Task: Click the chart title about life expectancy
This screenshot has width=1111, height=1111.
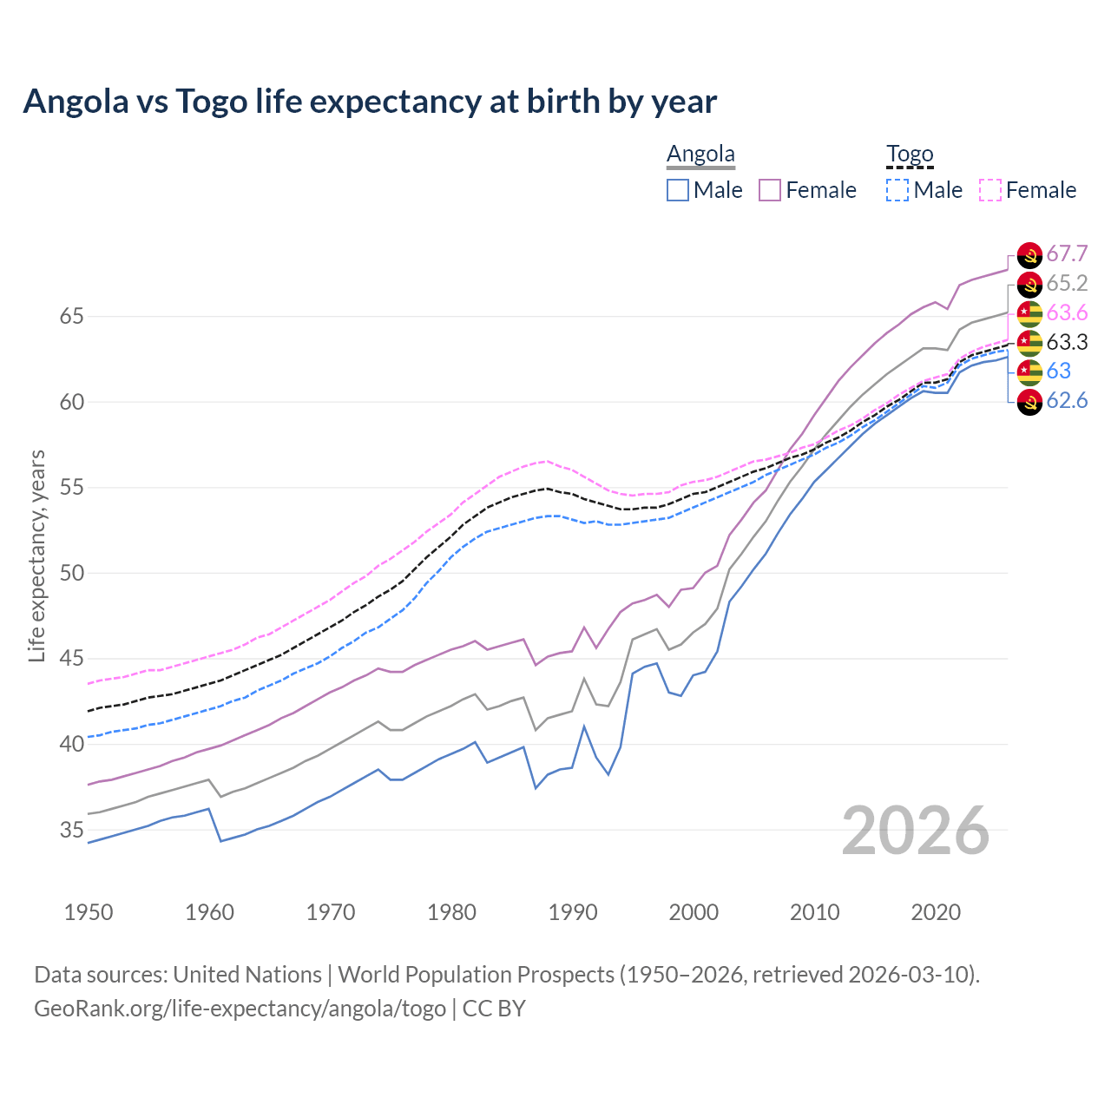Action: [x=370, y=102]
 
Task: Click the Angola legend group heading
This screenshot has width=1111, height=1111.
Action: [x=700, y=154]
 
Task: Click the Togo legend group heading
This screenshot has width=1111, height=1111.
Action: [x=910, y=154]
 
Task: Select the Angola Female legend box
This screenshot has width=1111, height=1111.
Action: [x=770, y=190]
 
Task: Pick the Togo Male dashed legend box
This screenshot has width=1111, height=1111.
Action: [x=897, y=190]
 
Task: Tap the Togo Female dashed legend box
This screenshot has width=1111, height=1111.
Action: [x=990, y=190]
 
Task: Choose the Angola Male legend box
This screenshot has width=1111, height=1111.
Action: [x=678, y=190]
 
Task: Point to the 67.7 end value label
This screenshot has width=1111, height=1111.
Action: [x=1067, y=253]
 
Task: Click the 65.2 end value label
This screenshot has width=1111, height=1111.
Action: [x=1067, y=283]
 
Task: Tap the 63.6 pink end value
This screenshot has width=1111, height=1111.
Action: [x=1067, y=312]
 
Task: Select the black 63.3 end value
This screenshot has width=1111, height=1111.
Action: [x=1067, y=342]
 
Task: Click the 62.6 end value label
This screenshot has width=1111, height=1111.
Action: [x=1067, y=400]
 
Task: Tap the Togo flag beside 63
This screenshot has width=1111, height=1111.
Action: [x=1029, y=371]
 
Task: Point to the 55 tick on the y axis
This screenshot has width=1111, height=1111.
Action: [x=71, y=488]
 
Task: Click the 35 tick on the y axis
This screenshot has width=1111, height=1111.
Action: [x=71, y=830]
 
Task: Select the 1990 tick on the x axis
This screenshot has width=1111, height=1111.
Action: [x=573, y=912]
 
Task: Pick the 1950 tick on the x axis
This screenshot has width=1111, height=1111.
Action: [x=89, y=912]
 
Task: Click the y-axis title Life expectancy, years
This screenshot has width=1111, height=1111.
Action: [x=37, y=555]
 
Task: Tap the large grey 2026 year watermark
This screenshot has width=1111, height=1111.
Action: [x=916, y=831]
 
